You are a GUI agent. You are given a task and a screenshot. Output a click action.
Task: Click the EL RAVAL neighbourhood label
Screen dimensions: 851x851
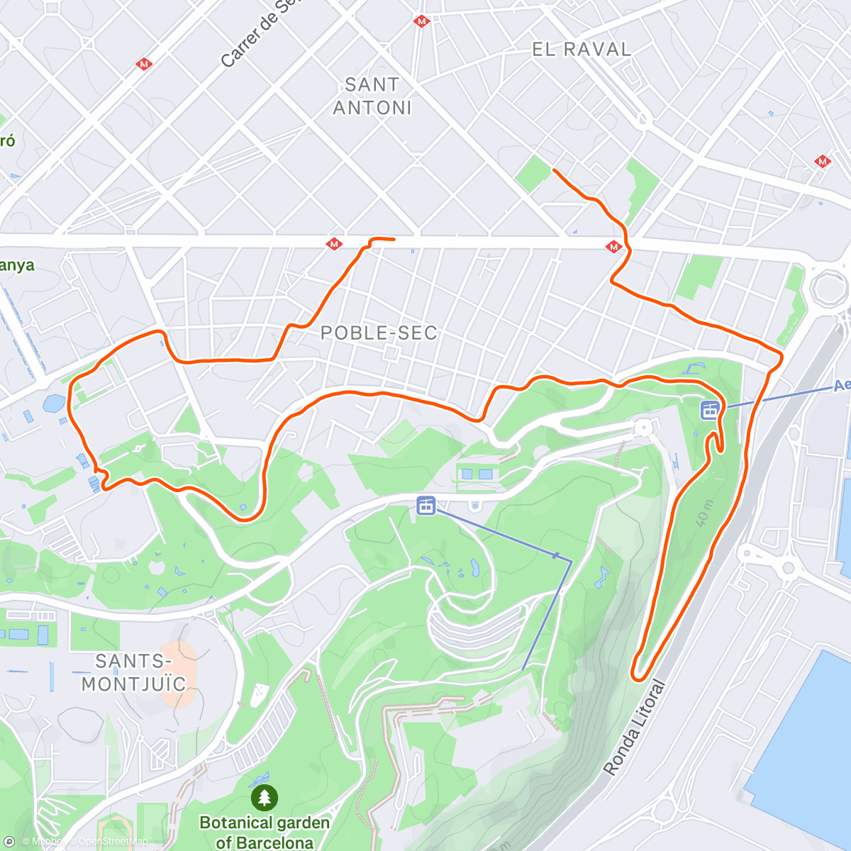[x=581, y=50]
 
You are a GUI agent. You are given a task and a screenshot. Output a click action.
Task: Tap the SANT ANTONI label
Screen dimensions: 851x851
[x=372, y=96]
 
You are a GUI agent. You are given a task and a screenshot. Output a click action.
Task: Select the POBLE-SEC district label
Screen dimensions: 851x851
[x=379, y=333]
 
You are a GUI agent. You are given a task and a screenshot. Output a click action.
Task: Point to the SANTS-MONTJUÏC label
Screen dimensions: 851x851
[x=133, y=672]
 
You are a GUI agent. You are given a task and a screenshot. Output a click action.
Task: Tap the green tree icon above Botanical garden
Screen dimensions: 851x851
[x=265, y=798]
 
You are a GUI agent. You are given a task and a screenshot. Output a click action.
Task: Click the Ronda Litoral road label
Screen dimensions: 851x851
[x=635, y=728]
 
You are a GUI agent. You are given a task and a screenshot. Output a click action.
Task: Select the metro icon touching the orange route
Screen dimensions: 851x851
[x=614, y=247]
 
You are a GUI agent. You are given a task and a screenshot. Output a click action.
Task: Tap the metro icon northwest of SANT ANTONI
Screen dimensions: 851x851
[x=145, y=65]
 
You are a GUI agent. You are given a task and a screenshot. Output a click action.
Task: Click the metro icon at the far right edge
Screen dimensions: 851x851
[x=823, y=162]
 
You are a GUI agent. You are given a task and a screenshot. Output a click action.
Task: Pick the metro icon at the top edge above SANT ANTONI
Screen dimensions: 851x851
[x=422, y=21]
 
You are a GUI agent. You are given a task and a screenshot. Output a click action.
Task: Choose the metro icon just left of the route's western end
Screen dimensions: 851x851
[x=334, y=245]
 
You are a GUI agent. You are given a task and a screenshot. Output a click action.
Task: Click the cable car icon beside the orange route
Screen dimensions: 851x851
[x=710, y=409]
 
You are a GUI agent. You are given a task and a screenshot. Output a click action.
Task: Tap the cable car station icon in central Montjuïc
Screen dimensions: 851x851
[x=425, y=506]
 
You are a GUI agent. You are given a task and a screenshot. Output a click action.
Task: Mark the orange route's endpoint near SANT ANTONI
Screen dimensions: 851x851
[x=392, y=240]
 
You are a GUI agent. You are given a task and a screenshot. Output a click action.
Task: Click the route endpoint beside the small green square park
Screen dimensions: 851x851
[x=554, y=171]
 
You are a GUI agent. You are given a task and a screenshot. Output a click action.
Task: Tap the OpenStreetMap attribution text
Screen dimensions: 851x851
[x=113, y=842]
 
